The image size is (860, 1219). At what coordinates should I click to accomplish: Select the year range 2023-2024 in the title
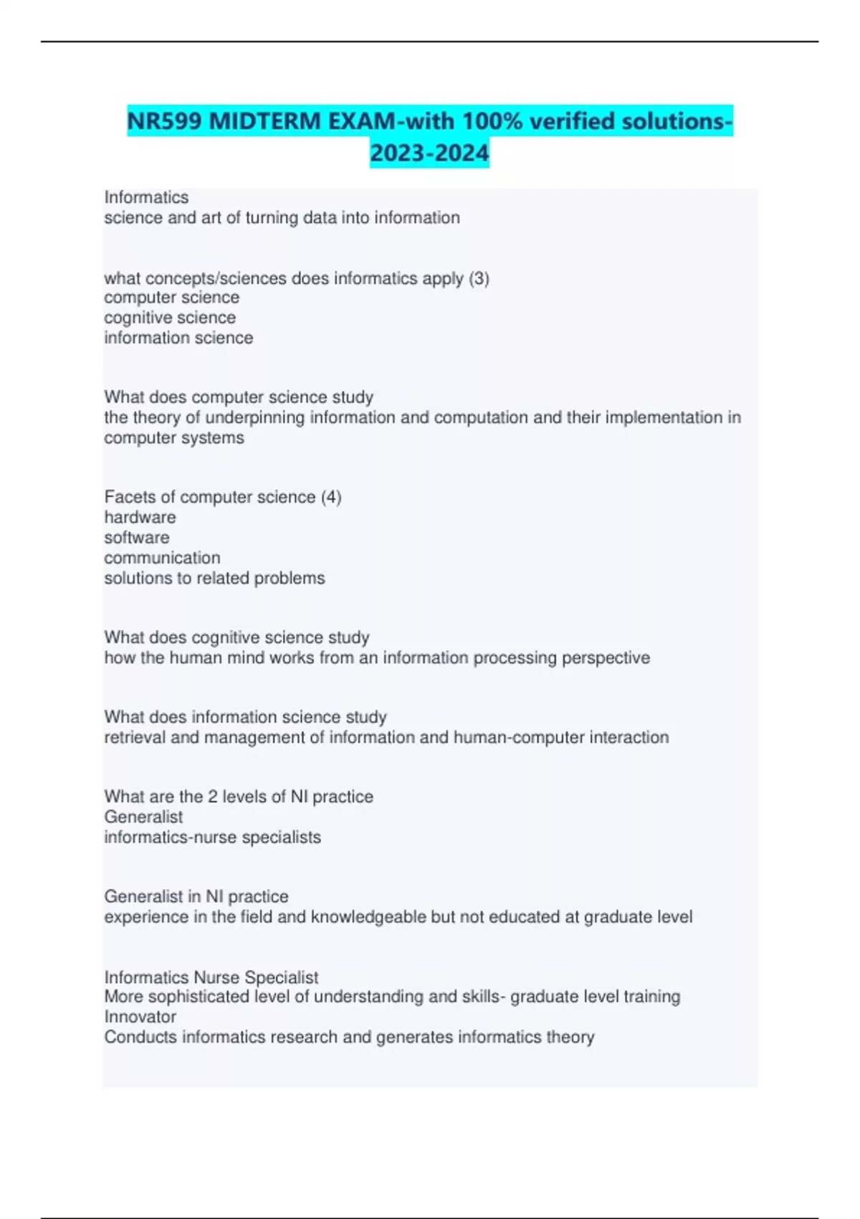coord(429,153)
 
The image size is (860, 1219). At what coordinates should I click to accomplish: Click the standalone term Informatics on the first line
coord(146,197)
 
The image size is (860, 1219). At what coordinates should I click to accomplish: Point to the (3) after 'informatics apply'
coord(479,278)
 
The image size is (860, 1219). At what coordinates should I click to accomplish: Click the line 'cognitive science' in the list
coord(170,318)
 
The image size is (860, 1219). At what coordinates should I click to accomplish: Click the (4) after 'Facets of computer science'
coord(330,497)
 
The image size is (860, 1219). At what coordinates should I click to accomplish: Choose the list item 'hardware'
coord(140,517)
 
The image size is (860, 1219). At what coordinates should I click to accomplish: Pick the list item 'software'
coord(137,538)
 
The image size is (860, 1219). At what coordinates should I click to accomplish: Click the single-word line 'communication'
coord(162,558)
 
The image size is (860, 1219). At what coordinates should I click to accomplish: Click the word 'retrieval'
coord(135,738)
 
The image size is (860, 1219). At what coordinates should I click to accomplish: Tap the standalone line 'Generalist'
coord(143,817)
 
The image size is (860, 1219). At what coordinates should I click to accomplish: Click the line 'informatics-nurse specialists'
coord(212,838)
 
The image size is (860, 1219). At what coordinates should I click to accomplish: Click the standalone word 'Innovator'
coord(140,1017)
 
